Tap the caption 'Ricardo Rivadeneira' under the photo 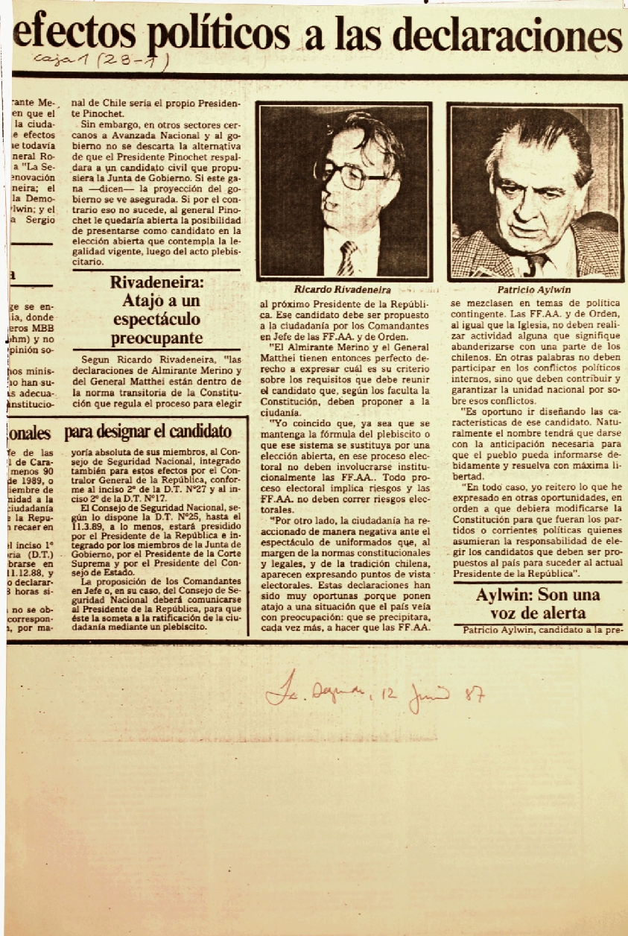click(x=343, y=290)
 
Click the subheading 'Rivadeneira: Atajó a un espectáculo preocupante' click(x=156, y=310)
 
